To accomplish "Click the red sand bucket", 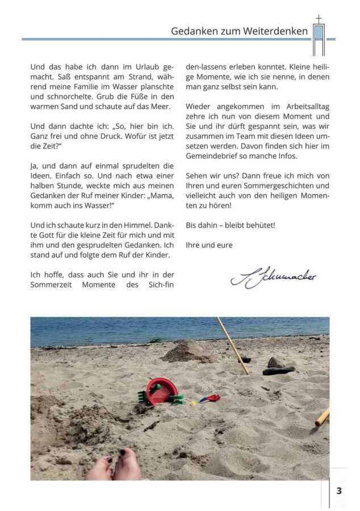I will point(161,390).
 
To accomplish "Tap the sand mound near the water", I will point(188,352).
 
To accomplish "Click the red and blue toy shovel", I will point(210,398).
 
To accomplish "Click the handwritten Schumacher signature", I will point(273,278).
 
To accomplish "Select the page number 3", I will point(338,491).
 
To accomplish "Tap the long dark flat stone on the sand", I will point(278,371).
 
